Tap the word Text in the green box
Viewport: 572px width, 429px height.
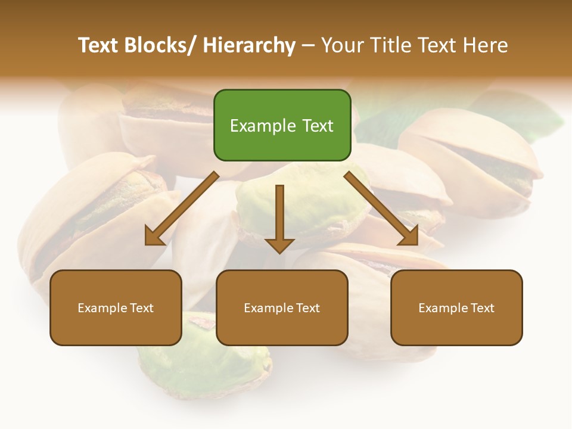317,126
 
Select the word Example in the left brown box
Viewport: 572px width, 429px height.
102,308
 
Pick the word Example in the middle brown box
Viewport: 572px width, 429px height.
269,308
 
